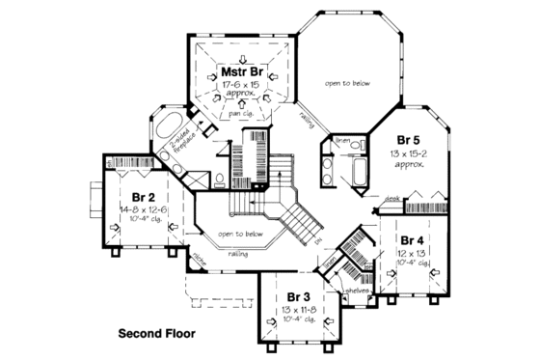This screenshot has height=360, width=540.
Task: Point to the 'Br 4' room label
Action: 412,239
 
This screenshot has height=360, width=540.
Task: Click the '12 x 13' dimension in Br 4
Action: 412,253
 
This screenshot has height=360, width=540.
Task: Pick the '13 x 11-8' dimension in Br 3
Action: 297,309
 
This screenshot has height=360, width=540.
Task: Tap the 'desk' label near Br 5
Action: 392,200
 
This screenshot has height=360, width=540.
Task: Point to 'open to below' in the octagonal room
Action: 346,83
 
